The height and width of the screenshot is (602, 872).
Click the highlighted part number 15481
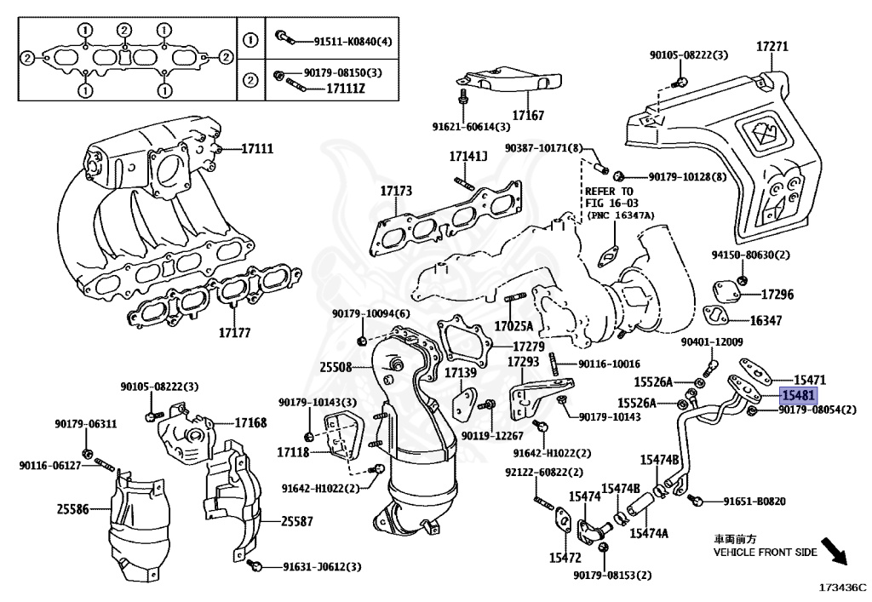coord(800,395)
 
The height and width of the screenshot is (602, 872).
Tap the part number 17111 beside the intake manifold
coord(256,149)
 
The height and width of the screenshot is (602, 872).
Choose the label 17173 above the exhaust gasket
coord(396,192)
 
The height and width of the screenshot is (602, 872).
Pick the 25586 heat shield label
coord(73,509)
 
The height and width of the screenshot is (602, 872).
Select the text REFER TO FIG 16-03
coord(609,198)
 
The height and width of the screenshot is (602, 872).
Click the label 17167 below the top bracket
coord(528,114)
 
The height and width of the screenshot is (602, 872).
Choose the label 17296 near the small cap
coord(777,295)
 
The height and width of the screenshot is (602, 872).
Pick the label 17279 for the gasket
coord(528,347)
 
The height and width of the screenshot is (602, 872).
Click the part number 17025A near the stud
coord(514,326)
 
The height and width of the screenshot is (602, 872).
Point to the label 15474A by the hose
coord(649,533)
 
